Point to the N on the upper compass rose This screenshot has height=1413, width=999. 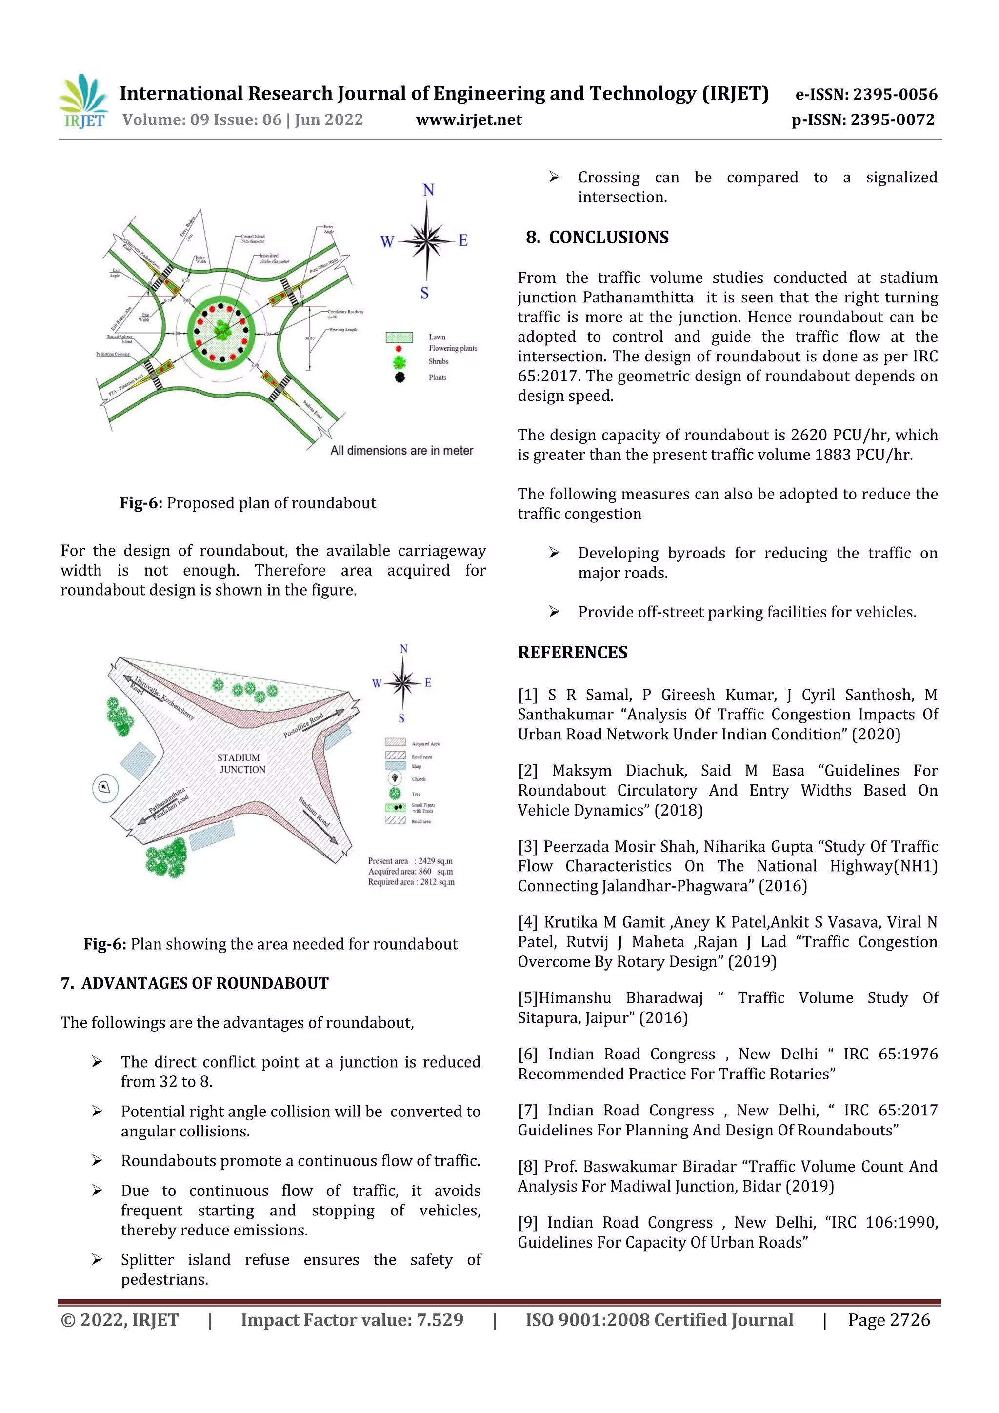pyautogui.click(x=428, y=190)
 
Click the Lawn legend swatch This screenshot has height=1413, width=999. pyautogui.click(x=399, y=337)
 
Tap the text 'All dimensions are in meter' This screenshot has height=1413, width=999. pyautogui.click(x=401, y=451)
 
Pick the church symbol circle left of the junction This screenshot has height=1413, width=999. pyautogui.click(x=105, y=787)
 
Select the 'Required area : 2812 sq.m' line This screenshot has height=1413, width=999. pyautogui.click(x=411, y=882)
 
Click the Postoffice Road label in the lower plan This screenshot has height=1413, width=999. pyautogui.click(x=303, y=726)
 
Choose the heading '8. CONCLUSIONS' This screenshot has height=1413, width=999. pyautogui.click(x=597, y=238)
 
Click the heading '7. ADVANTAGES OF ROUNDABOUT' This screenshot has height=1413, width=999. pyautogui.click(x=195, y=983)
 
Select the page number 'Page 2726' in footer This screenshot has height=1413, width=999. pyautogui.click(x=888, y=1319)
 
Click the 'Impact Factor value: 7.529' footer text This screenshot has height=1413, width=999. pyautogui.click(x=352, y=1319)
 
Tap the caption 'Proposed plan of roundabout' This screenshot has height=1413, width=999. pyautogui.click(x=271, y=503)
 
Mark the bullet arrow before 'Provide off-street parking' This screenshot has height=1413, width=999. pyautogui.click(x=554, y=612)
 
